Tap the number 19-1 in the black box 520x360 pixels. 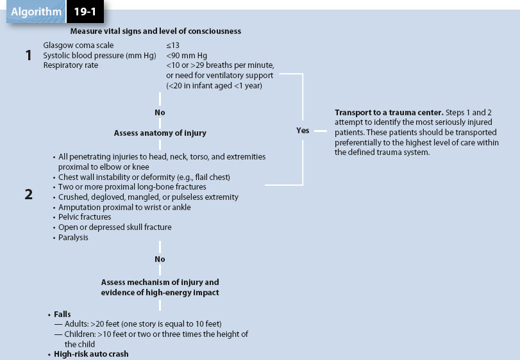[x=83, y=12]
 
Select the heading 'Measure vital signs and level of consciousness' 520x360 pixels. [x=156, y=31]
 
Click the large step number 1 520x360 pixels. [x=28, y=56]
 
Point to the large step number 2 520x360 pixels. [x=28, y=195]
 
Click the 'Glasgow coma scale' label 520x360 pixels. [x=78, y=45]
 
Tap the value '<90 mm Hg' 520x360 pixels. [x=187, y=55]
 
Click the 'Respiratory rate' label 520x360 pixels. [x=71, y=65]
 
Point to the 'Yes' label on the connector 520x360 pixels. [x=303, y=130]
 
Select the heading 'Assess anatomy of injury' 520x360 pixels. [x=160, y=133]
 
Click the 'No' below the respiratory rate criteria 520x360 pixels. [x=160, y=112]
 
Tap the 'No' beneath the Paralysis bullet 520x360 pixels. [x=160, y=259]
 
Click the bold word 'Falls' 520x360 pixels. [x=62, y=315]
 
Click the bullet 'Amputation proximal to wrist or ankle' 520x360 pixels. [x=124, y=207]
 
